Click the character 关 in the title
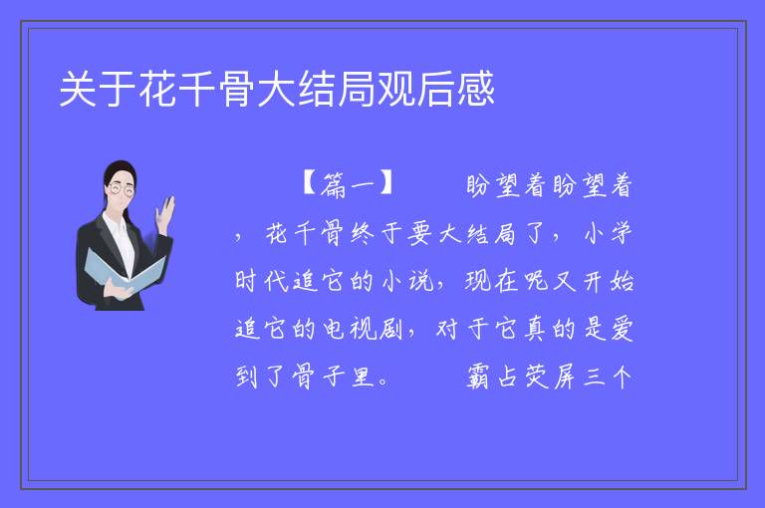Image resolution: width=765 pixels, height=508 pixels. click(78, 89)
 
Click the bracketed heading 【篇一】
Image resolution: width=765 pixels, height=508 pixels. click(348, 184)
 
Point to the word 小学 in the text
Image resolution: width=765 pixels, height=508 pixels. click(608, 233)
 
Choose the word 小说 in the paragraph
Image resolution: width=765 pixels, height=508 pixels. click(407, 281)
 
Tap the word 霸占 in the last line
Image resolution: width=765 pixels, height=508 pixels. click(492, 377)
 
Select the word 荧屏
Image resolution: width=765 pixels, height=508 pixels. click(550, 377)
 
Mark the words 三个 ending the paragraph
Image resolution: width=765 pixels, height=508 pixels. click(608, 377)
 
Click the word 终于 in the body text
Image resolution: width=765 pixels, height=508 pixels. click(378, 233)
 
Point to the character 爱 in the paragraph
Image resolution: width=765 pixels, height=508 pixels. click(622, 329)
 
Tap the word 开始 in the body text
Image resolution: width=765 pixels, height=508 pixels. click(609, 281)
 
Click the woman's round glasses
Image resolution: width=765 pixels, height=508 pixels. click(121, 189)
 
